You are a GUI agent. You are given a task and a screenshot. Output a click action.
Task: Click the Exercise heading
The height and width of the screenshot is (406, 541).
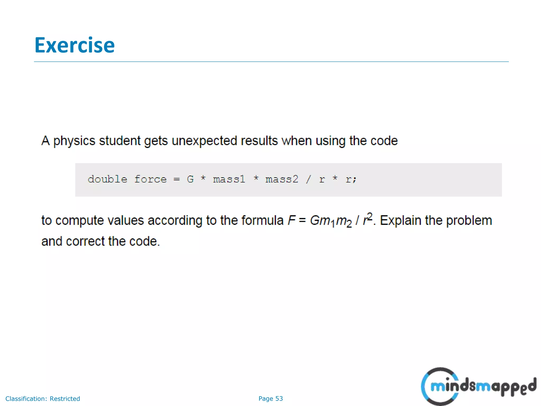click(74, 45)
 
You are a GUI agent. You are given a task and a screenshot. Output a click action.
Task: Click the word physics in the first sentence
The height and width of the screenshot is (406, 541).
click(74, 141)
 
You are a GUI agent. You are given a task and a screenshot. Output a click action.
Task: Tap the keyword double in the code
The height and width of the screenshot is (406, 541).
click(107, 179)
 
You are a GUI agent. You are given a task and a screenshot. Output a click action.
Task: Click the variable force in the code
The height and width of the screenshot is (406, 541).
click(150, 179)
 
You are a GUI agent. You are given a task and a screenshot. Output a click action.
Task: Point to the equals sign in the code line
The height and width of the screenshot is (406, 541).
click(177, 179)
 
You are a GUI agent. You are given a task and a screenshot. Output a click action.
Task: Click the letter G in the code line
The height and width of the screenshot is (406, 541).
click(190, 179)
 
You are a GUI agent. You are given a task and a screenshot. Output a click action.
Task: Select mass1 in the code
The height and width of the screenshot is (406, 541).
click(229, 179)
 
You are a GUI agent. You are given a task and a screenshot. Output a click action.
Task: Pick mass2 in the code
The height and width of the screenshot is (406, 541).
click(282, 179)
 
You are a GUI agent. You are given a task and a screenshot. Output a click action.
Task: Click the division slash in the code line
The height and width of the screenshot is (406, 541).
click(308, 179)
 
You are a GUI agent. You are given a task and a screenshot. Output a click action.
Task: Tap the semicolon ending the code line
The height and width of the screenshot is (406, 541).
click(355, 180)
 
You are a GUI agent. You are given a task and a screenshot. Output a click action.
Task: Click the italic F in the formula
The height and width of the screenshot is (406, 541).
click(291, 220)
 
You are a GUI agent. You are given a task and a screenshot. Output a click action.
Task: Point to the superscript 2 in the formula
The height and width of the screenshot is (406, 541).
click(370, 216)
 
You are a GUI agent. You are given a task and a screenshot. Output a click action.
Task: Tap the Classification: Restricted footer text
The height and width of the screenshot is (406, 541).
click(43, 399)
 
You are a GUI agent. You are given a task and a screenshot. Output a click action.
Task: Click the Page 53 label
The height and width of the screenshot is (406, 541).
click(270, 399)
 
